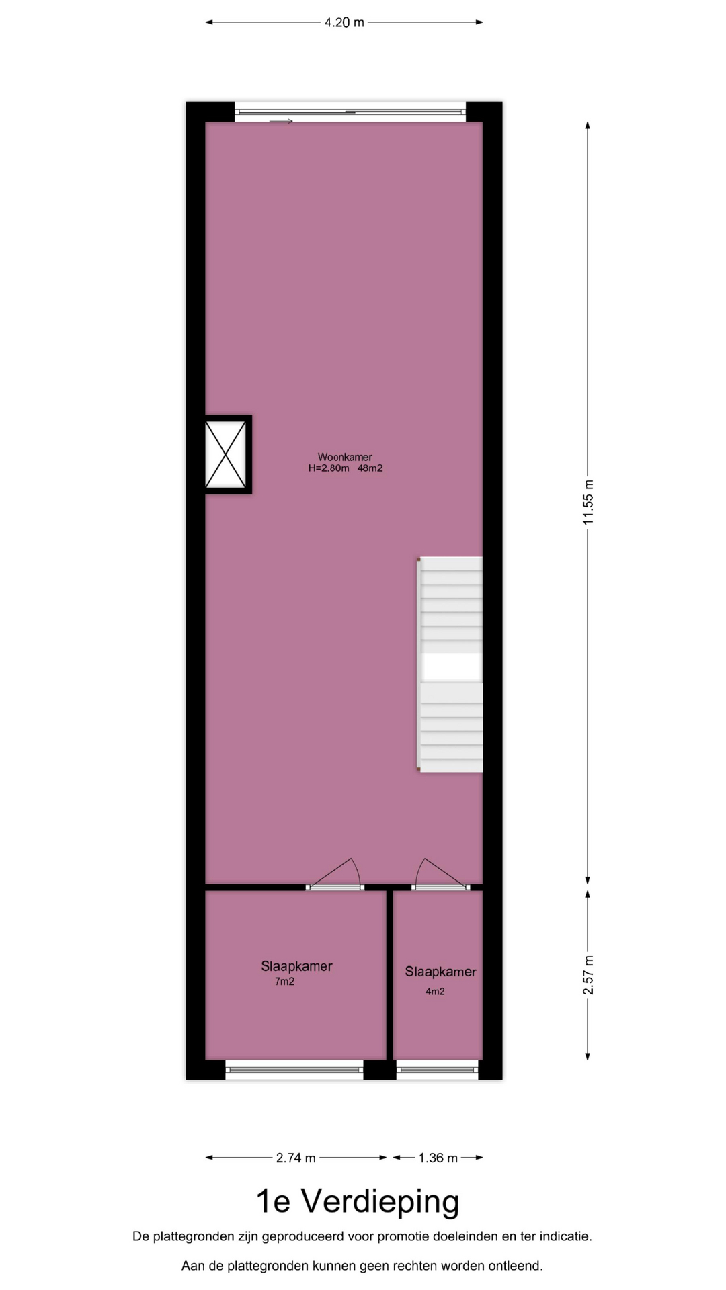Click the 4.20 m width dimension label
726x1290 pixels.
point(344,22)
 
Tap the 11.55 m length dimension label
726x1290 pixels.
point(588,503)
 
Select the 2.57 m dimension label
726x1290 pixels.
point(588,976)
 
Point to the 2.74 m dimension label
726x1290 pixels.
point(296,1158)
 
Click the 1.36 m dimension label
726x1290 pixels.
point(438,1158)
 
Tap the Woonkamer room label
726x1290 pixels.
point(345,457)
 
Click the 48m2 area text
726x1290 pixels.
point(370,468)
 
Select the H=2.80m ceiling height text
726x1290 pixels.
point(329,468)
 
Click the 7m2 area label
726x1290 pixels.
point(284,981)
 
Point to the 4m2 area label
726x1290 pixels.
point(435,991)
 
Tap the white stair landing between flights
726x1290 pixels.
point(452,668)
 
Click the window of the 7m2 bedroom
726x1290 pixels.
point(294,1070)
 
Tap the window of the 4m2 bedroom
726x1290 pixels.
point(438,1070)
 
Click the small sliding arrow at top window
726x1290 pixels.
point(281,121)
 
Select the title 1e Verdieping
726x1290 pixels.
point(358,1201)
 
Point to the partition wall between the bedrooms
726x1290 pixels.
point(390,975)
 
